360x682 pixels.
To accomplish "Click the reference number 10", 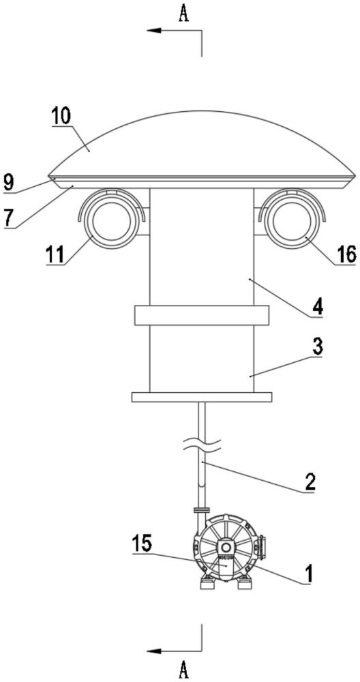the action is [x=62, y=115].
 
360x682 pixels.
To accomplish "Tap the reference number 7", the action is [x=8, y=218].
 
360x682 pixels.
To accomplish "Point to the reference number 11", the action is [x=56, y=253].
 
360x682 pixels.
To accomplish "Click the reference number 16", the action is [x=347, y=253].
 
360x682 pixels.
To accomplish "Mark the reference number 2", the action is [x=308, y=481].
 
